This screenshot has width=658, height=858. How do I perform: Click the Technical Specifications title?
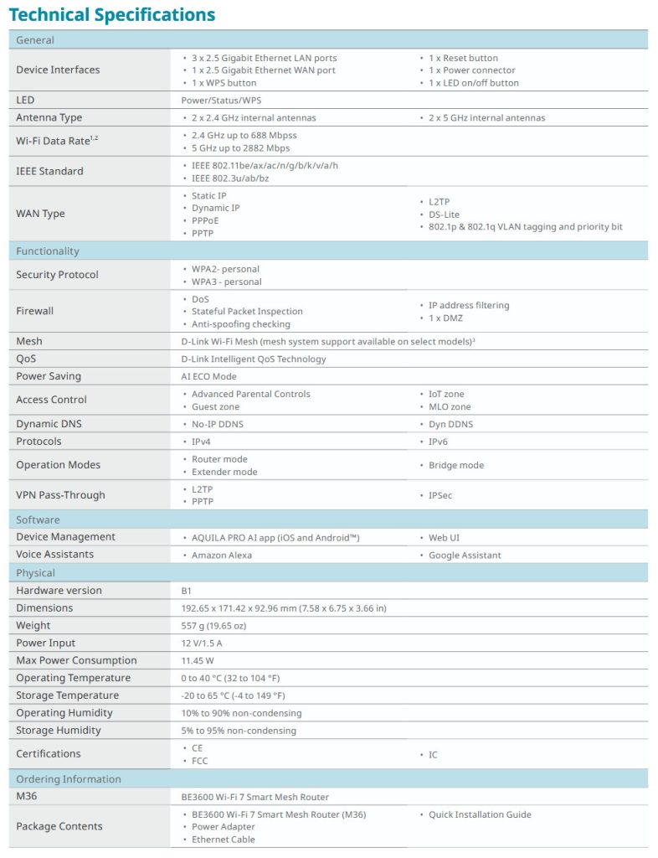pos(111,15)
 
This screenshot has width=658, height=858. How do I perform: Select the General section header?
pos(35,40)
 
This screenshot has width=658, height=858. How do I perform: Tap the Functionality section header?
pos(48,251)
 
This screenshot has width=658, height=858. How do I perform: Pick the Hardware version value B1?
pos(187,591)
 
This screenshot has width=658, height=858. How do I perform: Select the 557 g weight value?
pos(213,626)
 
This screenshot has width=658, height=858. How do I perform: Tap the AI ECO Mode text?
pos(208,376)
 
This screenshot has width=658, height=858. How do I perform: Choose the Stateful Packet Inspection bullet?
pos(247,311)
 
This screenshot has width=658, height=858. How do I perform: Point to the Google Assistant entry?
pos(465,555)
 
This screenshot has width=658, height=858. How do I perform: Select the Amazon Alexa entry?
pos(222,555)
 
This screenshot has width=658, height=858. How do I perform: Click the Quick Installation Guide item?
pos(480,814)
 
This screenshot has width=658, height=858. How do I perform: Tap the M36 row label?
pos(28,797)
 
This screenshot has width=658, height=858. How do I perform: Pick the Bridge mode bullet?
pos(456,465)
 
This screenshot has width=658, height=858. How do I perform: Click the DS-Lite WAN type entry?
pos(444,214)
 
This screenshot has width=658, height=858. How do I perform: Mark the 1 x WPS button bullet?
pos(224,83)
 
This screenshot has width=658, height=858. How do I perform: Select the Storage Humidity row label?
pos(59,731)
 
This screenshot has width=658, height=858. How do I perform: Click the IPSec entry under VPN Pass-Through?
pos(440,495)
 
